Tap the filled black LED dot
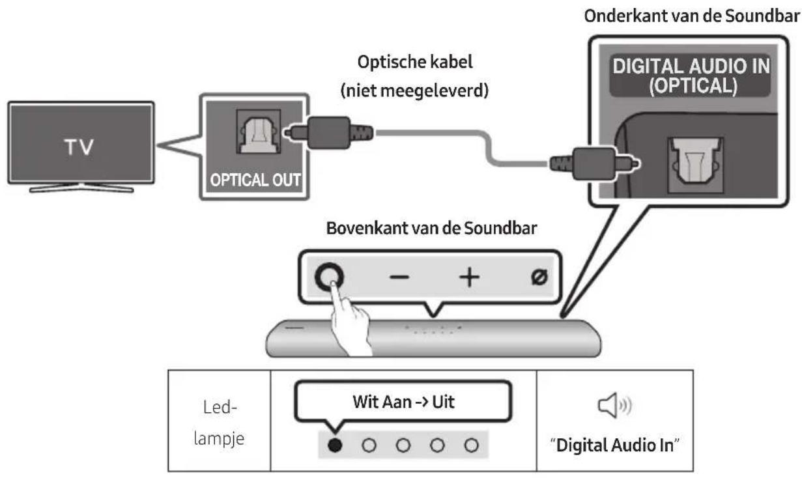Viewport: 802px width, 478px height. (x=334, y=445)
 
